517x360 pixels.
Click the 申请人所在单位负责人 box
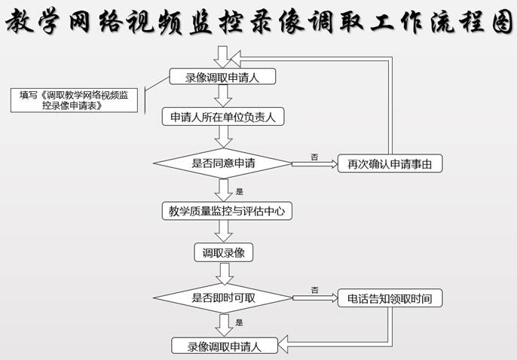click(x=223, y=117)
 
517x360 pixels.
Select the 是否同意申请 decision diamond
click(x=223, y=163)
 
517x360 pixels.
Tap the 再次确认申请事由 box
click(x=390, y=163)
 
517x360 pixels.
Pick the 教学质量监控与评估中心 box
click(x=227, y=211)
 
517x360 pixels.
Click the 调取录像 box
click(x=224, y=252)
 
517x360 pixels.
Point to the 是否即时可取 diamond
click(x=223, y=298)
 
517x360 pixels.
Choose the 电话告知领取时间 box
click(x=390, y=298)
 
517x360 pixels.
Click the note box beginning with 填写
click(x=74, y=100)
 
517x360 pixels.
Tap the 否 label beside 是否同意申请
click(x=314, y=157)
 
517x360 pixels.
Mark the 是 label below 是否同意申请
click(x=240, y=191)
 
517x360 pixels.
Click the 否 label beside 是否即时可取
click(x=315, y=290)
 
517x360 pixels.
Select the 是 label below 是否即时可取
click(x=240, y=322)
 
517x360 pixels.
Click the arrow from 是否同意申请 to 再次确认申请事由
click(x=315, y=163)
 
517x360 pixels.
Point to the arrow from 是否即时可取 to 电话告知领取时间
click(x=315, y=298)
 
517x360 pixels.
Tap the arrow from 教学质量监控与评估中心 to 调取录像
click(x=224, y=231)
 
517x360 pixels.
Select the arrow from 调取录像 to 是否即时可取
click(x=225, y=273)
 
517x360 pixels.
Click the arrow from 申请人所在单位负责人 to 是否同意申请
click(x=224, y=137)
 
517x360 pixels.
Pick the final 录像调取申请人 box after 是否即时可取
click(x=225, y=346)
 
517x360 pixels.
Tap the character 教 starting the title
click(x=20, y=21)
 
